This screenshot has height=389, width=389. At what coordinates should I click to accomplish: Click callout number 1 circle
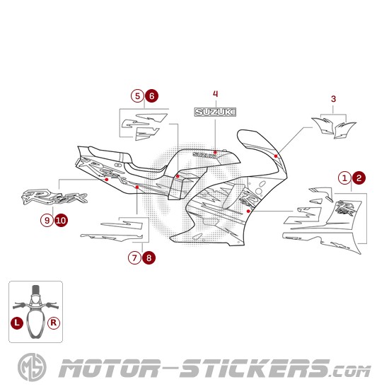pos(345,178)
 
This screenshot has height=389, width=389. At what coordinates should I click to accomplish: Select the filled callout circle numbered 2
pos(359,178)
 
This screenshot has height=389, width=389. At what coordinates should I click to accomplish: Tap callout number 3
pos(333,99)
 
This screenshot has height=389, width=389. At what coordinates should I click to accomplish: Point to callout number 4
pos(216,93)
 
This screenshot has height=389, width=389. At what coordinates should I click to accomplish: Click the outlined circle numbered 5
pos(137,95)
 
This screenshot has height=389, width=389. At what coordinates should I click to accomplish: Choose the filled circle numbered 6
pos(151,95)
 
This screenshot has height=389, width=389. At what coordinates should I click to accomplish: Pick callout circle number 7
pos(134,258)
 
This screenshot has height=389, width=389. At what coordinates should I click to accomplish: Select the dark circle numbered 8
pos(149,258)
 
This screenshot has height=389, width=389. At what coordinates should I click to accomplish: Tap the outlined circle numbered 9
pos(47,220)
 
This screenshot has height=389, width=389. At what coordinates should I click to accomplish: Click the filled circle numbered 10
pos(61,220)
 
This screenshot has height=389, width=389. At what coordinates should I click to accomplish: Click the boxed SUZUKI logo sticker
pos(216,112)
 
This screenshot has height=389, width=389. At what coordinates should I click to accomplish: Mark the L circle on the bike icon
pos(17,322)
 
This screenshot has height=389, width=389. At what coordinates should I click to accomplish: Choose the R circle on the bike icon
pos(54,322)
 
